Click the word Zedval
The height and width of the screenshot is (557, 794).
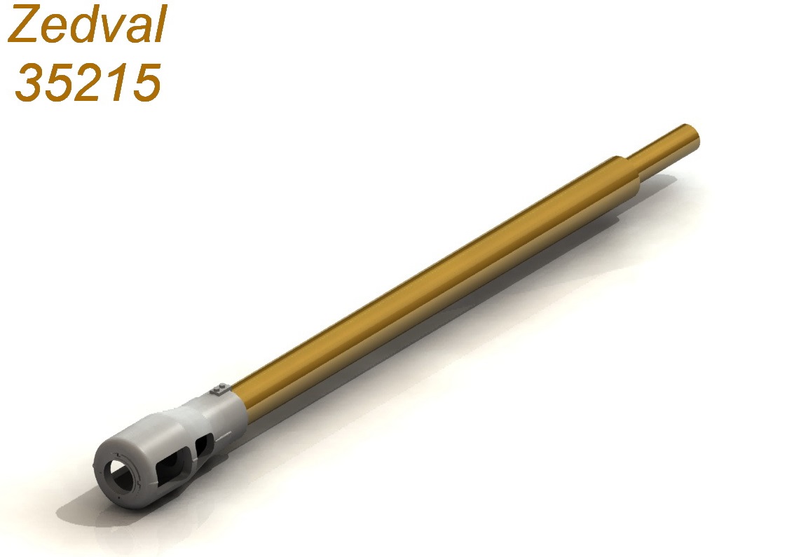pyautogui.click(x=87, y=24)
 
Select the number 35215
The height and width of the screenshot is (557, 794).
pyautogui.click(x=88, y=83)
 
